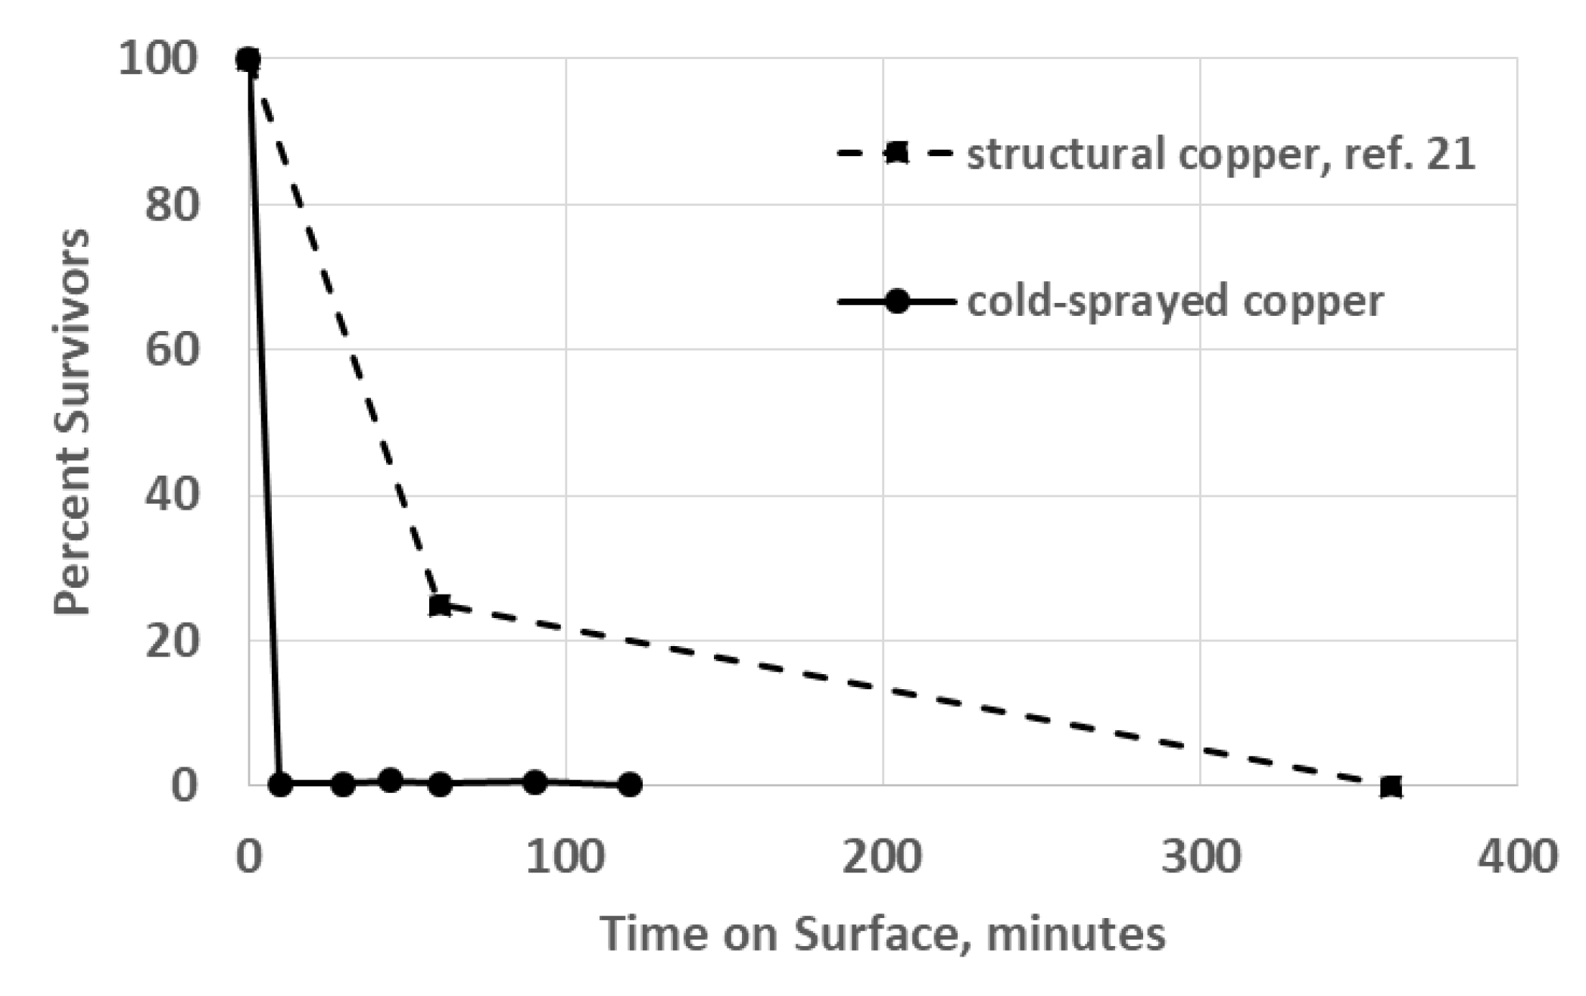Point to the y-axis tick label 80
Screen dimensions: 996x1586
[x=173, y=205]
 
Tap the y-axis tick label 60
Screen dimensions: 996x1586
[x=173, y=350]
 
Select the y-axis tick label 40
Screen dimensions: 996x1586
[x=173, y=495]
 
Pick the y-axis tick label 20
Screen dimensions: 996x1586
[x=173, y=641]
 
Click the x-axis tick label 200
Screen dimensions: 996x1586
[x=883, y=857]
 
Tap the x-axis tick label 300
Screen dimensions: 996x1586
[x=1201, y=857]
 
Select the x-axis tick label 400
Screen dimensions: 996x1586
[x=1517, y=857]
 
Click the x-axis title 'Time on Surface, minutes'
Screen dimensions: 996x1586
[x=883, y=933]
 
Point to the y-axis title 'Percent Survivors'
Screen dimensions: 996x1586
[x=73, y=423]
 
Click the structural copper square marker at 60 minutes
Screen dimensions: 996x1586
[x=439, y=605]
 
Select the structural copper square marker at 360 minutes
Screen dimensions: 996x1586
[x=1391, y=786]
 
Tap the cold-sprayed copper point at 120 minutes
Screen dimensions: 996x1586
[x=629, y=785]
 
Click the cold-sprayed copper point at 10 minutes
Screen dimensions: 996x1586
[x=280, y=784]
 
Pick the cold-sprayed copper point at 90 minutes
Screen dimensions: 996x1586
[x=534, y=782]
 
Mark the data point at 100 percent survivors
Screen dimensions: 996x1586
[x=248, y=59]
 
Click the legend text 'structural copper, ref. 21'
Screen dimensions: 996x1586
[x=1220, y=155]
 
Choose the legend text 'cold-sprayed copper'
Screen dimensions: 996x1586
[x=1175, y=301]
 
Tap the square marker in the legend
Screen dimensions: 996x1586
[x=896, y=153]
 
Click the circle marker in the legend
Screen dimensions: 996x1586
[x=896, y=301]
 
